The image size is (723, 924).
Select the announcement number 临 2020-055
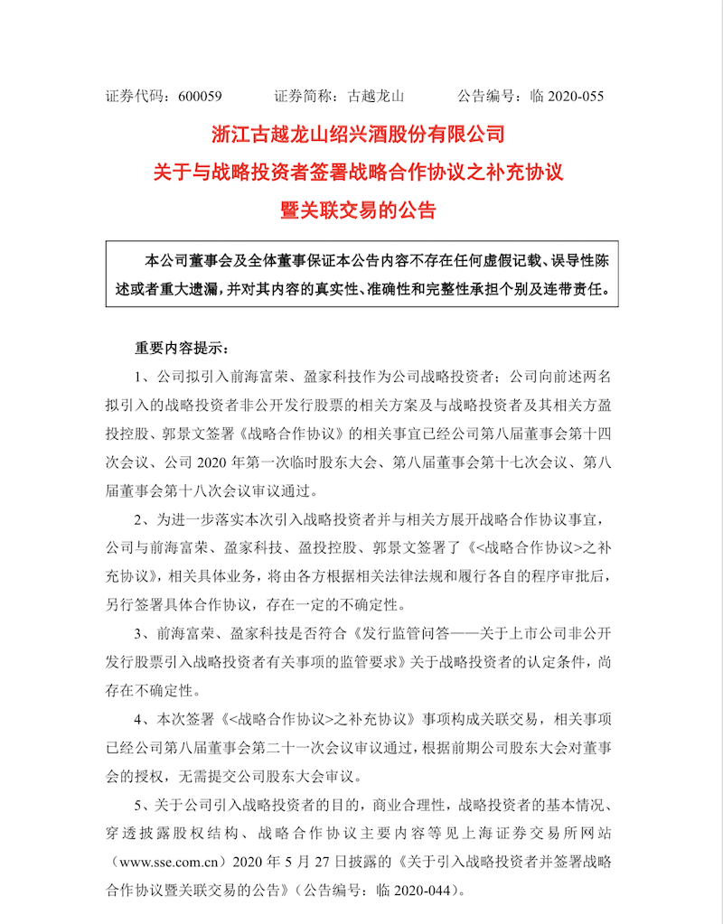(568, 95)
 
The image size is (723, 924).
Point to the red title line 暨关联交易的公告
(361, 211)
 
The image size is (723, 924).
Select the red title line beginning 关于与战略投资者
(361, 173)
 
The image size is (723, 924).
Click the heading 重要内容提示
(173, 347)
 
